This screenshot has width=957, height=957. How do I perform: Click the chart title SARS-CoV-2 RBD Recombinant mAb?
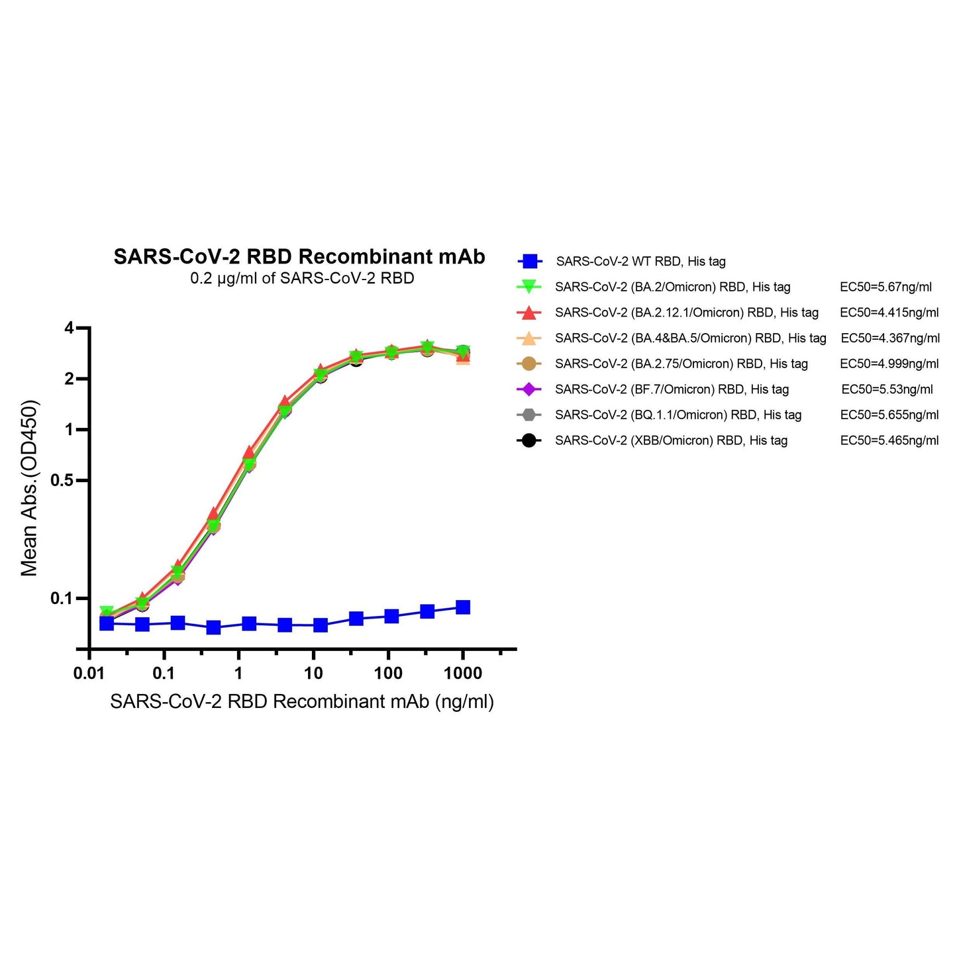coord(299,256)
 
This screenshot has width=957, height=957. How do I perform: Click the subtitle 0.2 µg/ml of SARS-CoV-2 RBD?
coord(302,278)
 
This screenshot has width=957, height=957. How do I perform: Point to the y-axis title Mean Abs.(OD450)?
coord(29,488)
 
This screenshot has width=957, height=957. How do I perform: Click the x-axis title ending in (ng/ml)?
coord(302,701)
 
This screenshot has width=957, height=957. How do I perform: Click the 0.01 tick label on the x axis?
coord(89,674)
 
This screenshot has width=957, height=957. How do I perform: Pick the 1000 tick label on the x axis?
coord(463,674)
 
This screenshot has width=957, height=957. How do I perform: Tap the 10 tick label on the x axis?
coord(313,674)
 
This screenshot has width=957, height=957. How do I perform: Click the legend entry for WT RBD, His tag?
coord(640,262)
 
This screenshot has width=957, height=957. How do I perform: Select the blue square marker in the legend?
coord(529,262)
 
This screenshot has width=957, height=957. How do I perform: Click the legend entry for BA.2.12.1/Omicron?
coord(687,313)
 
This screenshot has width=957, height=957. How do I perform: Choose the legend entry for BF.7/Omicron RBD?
coord(672,389)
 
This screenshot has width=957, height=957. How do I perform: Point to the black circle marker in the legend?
coord(529,440)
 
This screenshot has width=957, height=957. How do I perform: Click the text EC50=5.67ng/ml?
coord(885,287)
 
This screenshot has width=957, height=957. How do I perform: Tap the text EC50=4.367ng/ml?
coord(890,338)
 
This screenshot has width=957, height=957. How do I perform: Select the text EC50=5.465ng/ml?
coord(889,440)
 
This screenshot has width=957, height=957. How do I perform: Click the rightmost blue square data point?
coord(463,607)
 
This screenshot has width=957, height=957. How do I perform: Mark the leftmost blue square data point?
coord(107,623)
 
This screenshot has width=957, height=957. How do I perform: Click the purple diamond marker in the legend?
coord(529,389)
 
